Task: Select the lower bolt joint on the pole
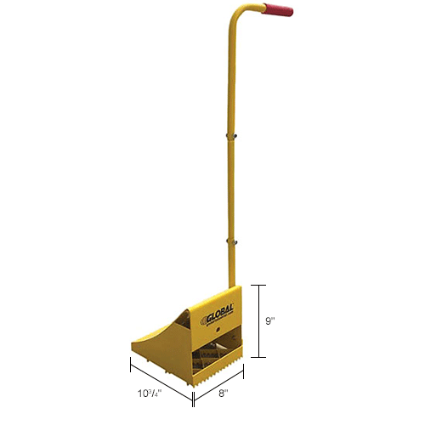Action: pyautogui.click(x=228, y=241)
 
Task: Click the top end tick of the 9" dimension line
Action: pyautogui.click(x=260, y=286)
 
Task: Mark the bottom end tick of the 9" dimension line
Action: pyautogui.click(x=260, y=359)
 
